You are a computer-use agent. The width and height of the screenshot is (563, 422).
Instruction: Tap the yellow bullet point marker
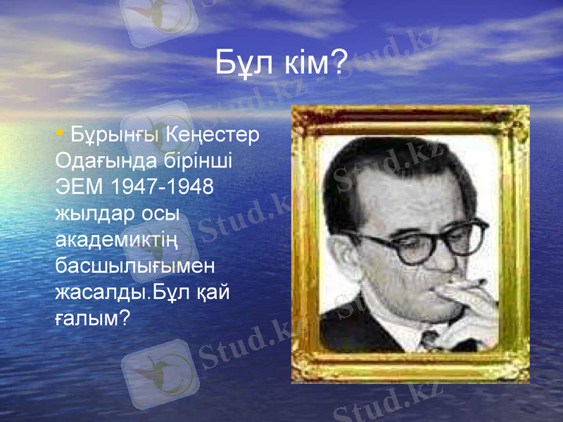coord(61,132)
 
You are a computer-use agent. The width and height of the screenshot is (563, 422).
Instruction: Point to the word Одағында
coord(98,161)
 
